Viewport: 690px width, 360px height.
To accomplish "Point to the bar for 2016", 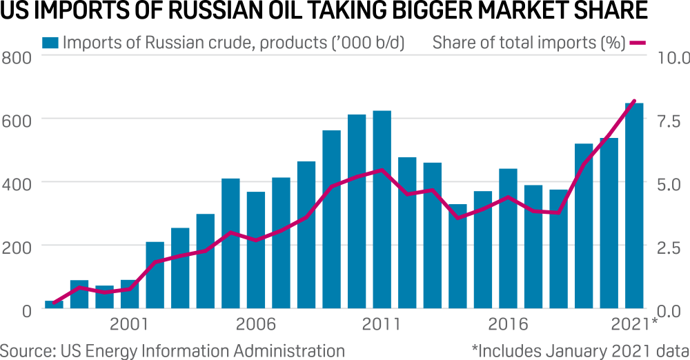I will pyautogui.click(x=508, y=238).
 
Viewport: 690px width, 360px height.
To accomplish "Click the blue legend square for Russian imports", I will pyautogui.click(x=50, y=42).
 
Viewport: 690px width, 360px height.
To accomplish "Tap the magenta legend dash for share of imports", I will pyautogui.click(x=637, y=42).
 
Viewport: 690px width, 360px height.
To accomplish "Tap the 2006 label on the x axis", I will pyautogui.click(x=256, y=323).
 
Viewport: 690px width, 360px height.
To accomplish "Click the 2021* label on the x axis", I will pyautogui.click(x=635, y=323).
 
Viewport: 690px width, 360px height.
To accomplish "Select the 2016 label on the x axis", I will pyautogui.click(x=508, y=323).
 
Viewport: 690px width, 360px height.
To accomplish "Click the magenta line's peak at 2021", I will pyautogui.click(x=634, y=101).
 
